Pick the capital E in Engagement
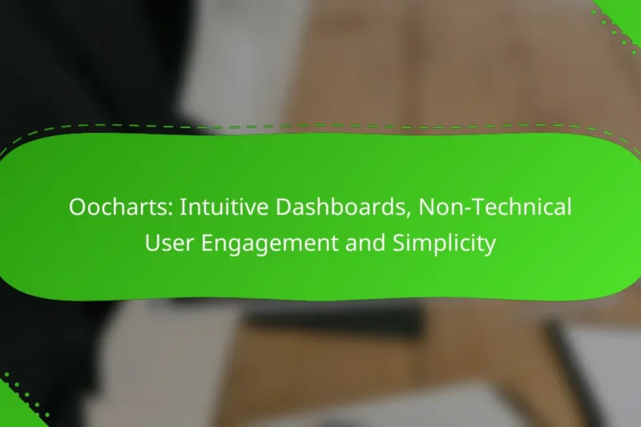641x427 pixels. pyautogui.click(x=207, y=243)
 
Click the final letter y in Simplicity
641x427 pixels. pyautogui.click(x=490, y=245)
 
